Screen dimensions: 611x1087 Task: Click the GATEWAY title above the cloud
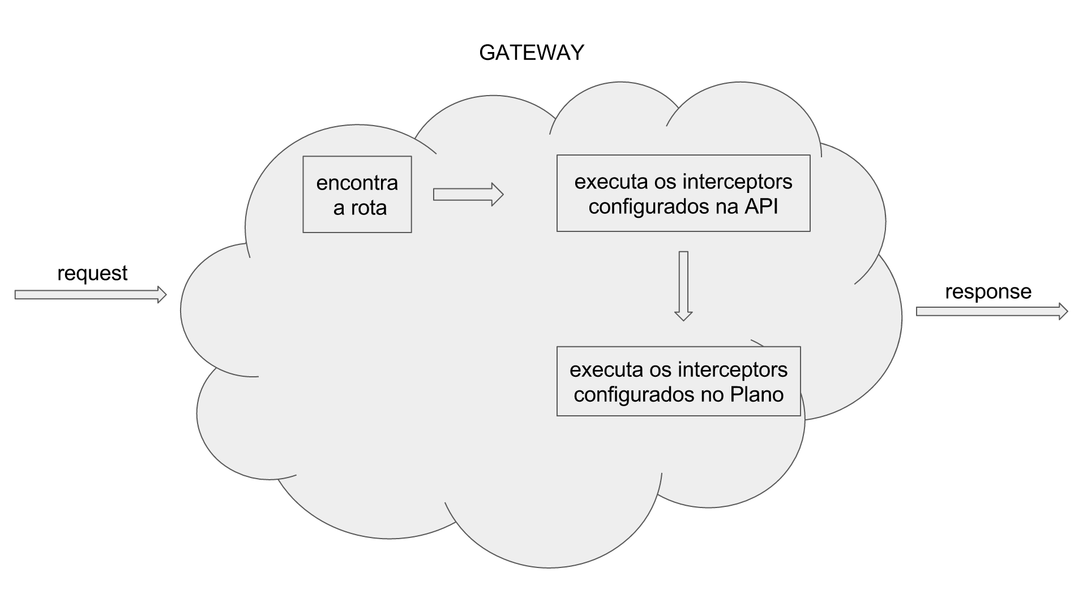tap(531, 53)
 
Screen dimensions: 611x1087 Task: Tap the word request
tap(92, 273)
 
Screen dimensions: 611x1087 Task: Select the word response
tap(988, 292)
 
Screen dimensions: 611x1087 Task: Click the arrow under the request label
tap(91, 295)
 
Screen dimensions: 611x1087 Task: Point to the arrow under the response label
tap(991, 311)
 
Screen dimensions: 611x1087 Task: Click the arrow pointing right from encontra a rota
tap(468, 195)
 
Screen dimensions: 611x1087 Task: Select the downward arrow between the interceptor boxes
tap(683, 286)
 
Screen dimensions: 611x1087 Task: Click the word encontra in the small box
tap(357, 183)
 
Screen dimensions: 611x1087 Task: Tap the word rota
tap(369, 208)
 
